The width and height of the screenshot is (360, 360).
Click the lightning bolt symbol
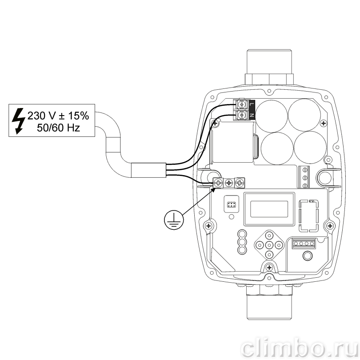pyautogui.click(x=18, y=121)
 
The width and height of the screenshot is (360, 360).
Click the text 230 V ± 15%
pyautogui.click(x=58, y=116)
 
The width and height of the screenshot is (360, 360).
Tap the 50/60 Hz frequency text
pyautogui.click(x=58, y=128)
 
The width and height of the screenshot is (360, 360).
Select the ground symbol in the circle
pyautogui.click(x=174, y=220)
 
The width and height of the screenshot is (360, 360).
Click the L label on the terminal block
pyautogui.click(x=252, y=105)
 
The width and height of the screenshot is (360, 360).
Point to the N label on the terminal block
pyautogui.click(x=252, y=115)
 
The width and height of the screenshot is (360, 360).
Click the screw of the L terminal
pyautogui.click(x=241, y=105)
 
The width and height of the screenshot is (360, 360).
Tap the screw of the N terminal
pyautogui.click(x=241, y=115)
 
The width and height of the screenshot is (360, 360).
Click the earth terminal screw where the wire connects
pyautogui.click(x=218, y=183)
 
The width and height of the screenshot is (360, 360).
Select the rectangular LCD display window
pyautogui.click(x=269, y=209)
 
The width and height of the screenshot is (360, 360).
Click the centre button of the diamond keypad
pyautogui.click(x=269, y=245)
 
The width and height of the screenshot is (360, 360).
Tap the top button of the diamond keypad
pyautogui.click(x=269, y=236)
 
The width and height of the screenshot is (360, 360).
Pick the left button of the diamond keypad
pyautogui.click(x=260, y=245)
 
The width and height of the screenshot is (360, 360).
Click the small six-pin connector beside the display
pyautogui.click(x=231, y=204)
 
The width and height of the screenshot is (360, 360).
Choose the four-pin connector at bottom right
pyautogui.click(x=304, y=244)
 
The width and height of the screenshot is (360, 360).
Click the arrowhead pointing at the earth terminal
pyautogui.click(x=213, y=190)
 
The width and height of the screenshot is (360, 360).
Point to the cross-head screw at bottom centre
pyautogui.click(x=269, y=268)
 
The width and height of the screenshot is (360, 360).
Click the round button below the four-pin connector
pyautogui.click(x=308, y=256)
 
